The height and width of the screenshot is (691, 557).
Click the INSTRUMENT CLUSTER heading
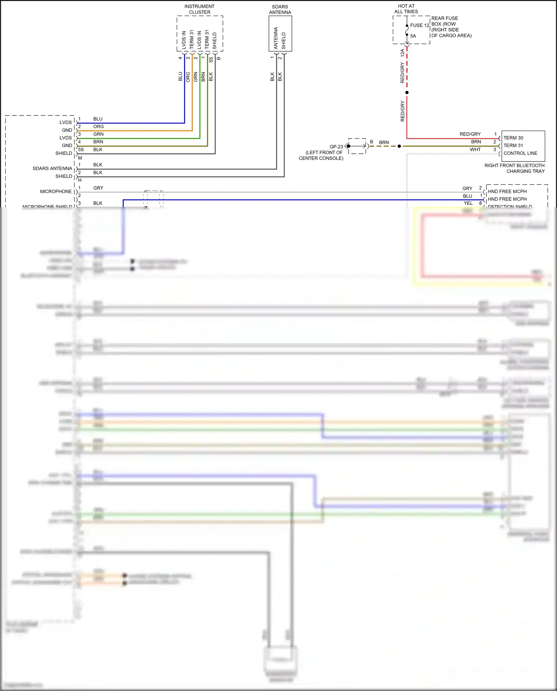199,9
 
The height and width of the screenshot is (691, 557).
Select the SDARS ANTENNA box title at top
280,10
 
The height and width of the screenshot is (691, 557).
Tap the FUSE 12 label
420,25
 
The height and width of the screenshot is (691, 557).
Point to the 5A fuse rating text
413,36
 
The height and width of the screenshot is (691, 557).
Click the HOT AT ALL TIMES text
406,9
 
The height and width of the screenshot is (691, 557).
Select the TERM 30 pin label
513,138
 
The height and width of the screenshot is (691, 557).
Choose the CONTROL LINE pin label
520,153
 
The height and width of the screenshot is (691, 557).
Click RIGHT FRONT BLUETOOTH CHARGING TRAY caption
515,168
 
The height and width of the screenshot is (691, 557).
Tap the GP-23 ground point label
336,147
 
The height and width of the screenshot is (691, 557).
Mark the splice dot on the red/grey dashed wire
407,92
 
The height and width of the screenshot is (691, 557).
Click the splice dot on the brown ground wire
399,146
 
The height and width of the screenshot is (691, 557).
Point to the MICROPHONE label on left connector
56,192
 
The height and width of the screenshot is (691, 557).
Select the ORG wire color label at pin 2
98,127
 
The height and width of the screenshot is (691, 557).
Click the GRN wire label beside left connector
98,134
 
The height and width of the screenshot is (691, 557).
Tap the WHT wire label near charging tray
475,150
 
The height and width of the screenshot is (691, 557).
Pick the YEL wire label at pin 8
468,203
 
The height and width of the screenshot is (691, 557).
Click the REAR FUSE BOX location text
451,27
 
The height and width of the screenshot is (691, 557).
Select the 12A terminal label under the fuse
402,53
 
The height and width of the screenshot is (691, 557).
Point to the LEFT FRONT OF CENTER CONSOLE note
321,156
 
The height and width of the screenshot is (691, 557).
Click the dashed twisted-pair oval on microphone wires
154,199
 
